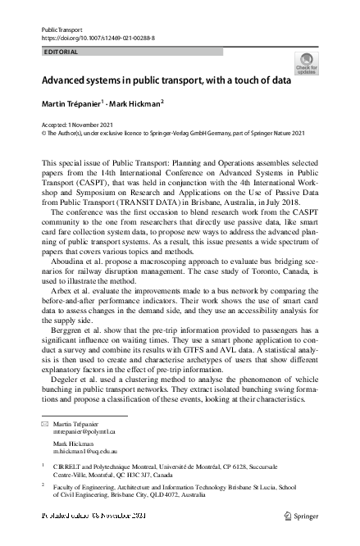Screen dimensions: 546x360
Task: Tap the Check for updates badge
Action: (x=308, y=63)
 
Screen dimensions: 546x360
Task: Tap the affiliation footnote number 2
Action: (x=43, y=485)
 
